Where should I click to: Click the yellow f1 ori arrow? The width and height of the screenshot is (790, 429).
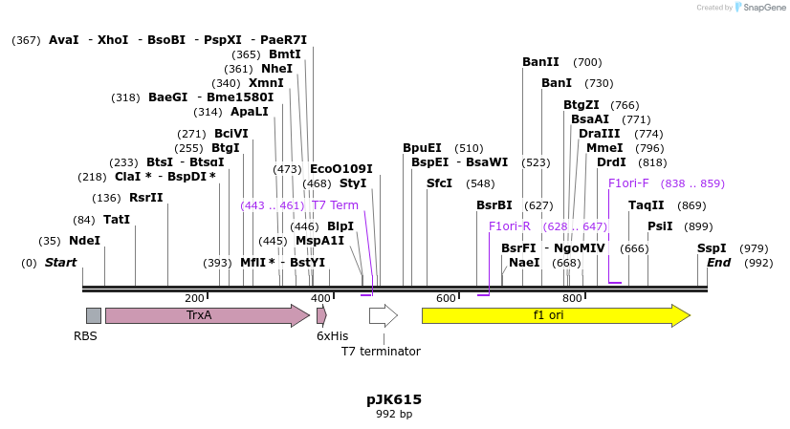555,315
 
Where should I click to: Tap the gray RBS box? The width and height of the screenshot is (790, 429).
93,315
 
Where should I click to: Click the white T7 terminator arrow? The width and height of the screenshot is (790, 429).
383,315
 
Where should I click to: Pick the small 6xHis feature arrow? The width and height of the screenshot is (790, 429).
321,315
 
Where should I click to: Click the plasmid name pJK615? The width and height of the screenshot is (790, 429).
394,399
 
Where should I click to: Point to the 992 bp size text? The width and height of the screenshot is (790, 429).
394,415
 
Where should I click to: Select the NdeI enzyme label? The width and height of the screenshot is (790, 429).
84,241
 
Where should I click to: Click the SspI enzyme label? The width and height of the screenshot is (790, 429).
712,248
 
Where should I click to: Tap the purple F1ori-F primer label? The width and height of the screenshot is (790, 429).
628,183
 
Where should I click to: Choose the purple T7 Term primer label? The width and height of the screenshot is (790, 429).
335,205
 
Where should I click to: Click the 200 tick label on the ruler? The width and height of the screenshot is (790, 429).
194,299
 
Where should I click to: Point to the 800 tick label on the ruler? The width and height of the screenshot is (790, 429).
572,299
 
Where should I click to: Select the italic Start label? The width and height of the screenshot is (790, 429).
60,263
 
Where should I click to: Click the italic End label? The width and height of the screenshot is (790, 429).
718,263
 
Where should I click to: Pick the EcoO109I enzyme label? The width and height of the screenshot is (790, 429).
340,169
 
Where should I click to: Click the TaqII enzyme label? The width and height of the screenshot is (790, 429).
647,205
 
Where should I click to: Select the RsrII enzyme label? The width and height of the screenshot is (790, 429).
146,198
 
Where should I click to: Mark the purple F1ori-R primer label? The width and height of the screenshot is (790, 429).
509,226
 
